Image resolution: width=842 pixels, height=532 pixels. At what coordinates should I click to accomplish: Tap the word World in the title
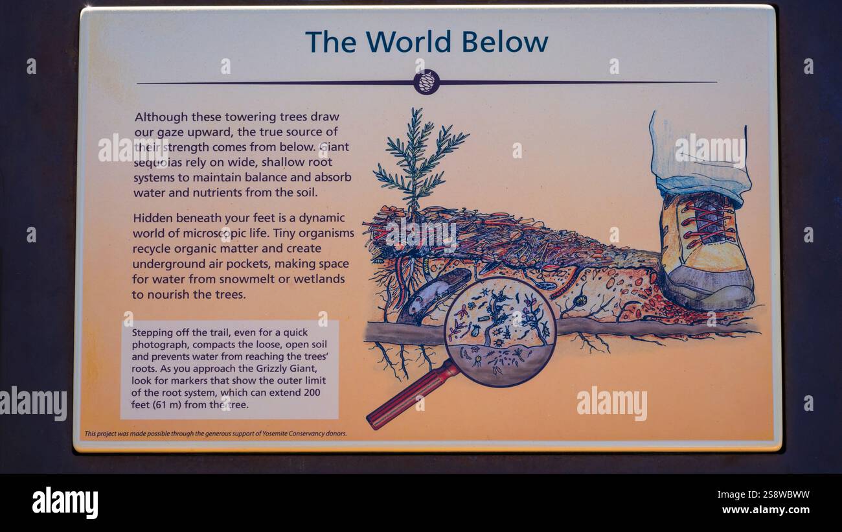pyautogui.click(x=408, y=42)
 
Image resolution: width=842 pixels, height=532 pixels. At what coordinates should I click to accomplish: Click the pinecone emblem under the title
pyautogui.click(x=426, y=82)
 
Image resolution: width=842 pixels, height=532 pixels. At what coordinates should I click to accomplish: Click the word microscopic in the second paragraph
pyautogui.click(x=209, y=233)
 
